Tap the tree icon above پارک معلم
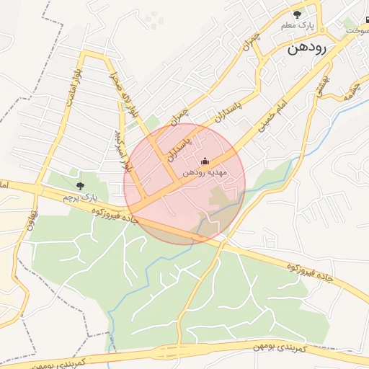coord(297,14)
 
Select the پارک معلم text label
coord(297,27)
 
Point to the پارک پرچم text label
coord(79,197)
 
